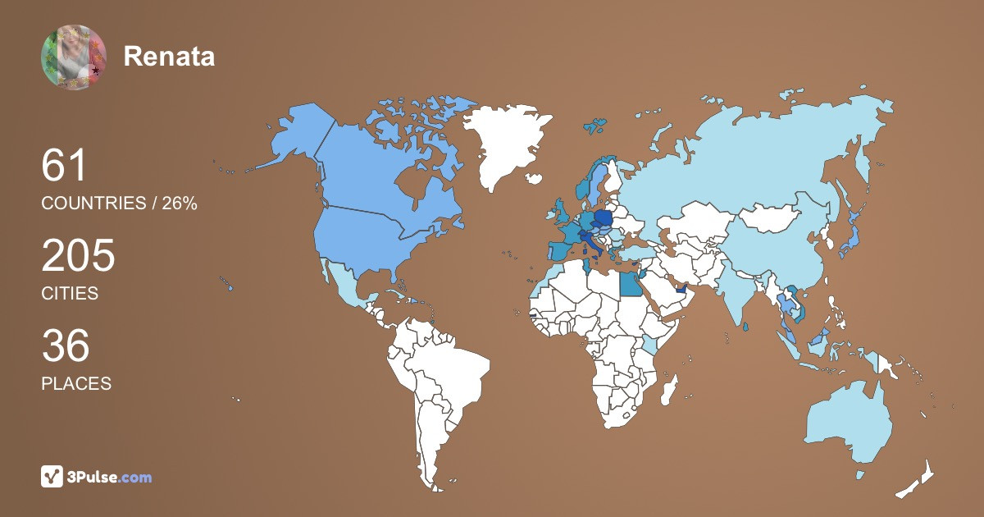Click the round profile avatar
coord(74,57)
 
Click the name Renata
coord(169,57)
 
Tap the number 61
coord(65,167)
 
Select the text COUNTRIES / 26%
coord(119,204)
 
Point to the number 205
coord(79,257)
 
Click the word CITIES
coord(70,293)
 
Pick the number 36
coord(66,346)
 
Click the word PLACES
coord(76,383)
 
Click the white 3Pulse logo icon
coord(52,477)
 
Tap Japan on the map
coord(853,238)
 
